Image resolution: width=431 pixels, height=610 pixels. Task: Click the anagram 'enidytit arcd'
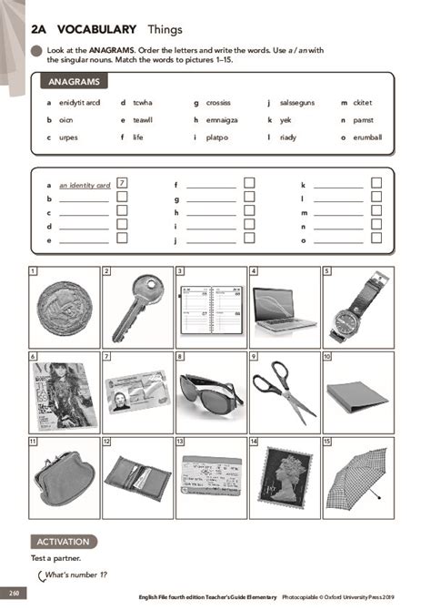pyautogui.click(x=78, y=103)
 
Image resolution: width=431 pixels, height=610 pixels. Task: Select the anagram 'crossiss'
pyautogui.click(x=218, y=103)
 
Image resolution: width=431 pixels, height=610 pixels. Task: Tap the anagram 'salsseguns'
pyautogui.click(x=296, y=103)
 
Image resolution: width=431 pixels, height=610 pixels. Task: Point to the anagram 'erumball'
pyautogui.click(x=368, y=137)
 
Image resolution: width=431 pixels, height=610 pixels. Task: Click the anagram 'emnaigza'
pyautogui.click(x=222, y=120)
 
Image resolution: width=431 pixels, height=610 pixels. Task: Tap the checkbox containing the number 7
pyautogui.click(x=122, y=183)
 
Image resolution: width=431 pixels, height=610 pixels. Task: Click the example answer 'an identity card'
pyautogui.click(x=85, y=185)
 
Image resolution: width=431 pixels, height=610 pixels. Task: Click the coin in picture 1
pyautogui.click(x=64, y=308)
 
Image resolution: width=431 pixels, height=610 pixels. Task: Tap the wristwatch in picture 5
pyautogui.click(x=357, y=308)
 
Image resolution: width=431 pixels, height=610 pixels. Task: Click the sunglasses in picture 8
pyautogui.click(x=210, y=389)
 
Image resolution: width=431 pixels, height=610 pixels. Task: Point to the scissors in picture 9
pyautogui.click(x=283, y=390)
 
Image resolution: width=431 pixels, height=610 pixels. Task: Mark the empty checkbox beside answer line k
pyautogui.click(x=376, y=183)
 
